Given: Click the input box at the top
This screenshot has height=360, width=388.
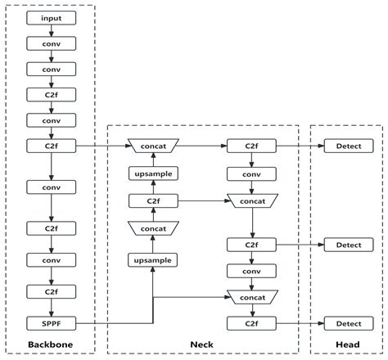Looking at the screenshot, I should (51, 17).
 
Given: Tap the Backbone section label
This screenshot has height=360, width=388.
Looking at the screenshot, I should (51, 345).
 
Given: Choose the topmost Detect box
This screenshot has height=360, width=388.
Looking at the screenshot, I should (347, 146).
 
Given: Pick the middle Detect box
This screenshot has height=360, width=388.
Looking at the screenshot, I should (347, 244).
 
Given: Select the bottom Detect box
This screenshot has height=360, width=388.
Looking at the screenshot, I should (347, 323).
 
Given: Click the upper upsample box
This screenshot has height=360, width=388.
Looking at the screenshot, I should (152, 173).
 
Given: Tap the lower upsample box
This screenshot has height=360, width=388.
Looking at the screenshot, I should (152, 259).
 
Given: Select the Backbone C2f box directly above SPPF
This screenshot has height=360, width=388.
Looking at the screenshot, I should (51, 290).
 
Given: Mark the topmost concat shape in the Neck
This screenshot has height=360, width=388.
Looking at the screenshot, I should (152, 146).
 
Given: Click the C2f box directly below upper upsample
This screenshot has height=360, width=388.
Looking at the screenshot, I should (152, 200).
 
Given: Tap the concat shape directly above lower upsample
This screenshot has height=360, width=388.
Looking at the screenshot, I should (152, 229).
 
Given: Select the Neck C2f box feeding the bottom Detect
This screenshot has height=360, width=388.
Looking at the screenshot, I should (252, 323).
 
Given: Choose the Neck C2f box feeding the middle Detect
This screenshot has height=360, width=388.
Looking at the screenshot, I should (252, 244).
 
